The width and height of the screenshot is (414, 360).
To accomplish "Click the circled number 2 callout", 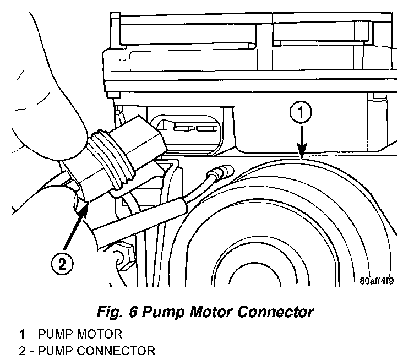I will [x=62, y=264].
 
